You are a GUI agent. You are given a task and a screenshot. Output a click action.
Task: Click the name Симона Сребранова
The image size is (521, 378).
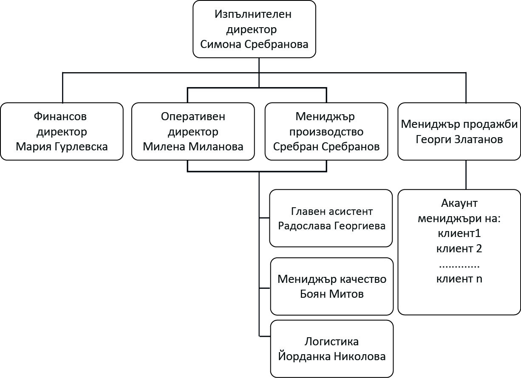254,44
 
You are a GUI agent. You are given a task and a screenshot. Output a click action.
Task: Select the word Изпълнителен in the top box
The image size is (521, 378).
253,14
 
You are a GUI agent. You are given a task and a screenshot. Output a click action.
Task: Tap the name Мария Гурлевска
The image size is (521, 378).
62,147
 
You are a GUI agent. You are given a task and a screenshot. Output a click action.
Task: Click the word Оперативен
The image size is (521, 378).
193,116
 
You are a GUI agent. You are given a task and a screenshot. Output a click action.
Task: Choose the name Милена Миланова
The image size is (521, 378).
193,147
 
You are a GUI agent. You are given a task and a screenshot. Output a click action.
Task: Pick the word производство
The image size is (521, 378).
326,131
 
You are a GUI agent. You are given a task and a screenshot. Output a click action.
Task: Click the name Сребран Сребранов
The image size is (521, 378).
326,147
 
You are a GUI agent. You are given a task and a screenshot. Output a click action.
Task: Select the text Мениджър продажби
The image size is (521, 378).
459,124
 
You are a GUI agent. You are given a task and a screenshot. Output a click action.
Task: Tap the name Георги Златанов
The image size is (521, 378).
459,139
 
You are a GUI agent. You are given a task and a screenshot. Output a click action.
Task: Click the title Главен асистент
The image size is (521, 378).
331,211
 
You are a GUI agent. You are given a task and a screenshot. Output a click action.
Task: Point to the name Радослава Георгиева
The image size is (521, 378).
331,226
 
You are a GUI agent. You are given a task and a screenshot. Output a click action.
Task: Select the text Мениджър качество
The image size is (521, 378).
332,279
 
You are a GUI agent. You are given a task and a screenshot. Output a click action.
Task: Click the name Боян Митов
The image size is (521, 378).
332,293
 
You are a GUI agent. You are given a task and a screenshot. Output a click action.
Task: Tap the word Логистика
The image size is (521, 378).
332,341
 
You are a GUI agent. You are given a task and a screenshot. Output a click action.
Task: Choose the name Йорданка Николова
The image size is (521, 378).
332,356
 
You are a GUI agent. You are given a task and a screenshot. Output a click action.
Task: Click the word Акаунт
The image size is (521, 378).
459,203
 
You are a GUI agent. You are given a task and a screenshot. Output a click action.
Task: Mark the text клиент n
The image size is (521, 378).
459,279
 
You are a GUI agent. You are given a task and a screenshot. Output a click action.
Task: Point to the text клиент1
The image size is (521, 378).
459,233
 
